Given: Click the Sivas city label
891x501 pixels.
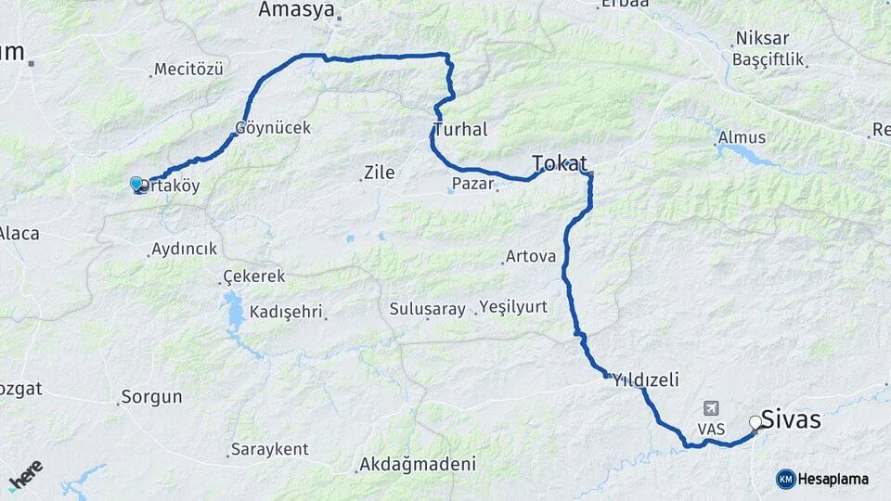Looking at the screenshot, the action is pyautogui.click(x=791, y=419).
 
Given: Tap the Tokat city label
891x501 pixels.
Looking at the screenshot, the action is pyautogui.click(x=560, y=164).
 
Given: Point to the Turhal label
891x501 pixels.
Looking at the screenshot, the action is pyautogui.click(x=460, y=130).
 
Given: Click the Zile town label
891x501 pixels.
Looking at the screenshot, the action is pyautogui.click(x=379, y=172).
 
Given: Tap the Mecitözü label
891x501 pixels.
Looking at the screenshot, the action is pyautogui.click(x=190, y=69).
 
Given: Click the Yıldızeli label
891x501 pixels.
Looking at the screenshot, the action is pyautogui.click(x=646, y=379).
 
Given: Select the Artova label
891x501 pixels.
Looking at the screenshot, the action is pyautogui.click(x=530, y=256).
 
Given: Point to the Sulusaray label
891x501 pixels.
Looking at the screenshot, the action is pyautogui.click(x=427, y=309).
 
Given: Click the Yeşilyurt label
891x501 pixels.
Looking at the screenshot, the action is pyautogui.click(x=513, y=307).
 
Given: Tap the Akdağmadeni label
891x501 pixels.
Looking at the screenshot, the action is pyautogui.click(x=418, y=464).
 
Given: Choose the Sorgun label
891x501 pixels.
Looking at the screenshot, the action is pyautogui.click(x=153, y=397).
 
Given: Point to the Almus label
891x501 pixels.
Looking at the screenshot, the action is pyautogui.click(x=742, y=138).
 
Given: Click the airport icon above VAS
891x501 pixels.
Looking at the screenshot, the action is pyautogui.click(x=712, y=407).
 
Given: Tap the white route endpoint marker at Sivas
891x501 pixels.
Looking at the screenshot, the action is pyautogui.click(x=755, y=423).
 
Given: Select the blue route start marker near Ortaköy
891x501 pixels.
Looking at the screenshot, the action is pyautogui.click(x=136, y=185).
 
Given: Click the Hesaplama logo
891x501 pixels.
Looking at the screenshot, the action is pyautogui.click(x=822, y=479).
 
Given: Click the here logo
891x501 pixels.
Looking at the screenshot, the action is pyautogui.click(x=25, y=474).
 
